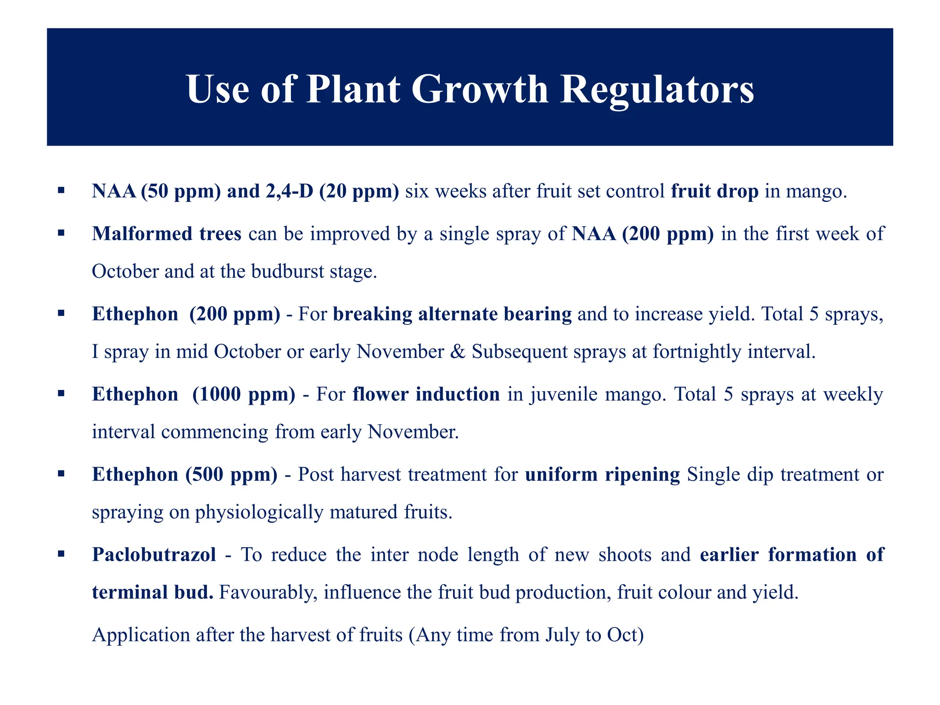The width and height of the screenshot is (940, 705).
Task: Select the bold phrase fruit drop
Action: (x=715, y=191)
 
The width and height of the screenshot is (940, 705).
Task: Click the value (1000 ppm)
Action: (x=244, y=395)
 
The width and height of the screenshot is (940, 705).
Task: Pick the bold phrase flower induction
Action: (x=426, y=395)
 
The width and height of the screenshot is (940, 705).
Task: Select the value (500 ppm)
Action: (x=231, y=475)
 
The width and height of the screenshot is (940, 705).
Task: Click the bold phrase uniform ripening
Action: (x=602, y=475)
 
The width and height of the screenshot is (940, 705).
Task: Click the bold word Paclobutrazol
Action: (x=154, y=555)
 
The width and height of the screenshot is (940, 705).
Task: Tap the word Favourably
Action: (x=268, y=593)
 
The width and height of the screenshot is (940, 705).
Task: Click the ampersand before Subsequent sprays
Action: (x=458, y=352)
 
